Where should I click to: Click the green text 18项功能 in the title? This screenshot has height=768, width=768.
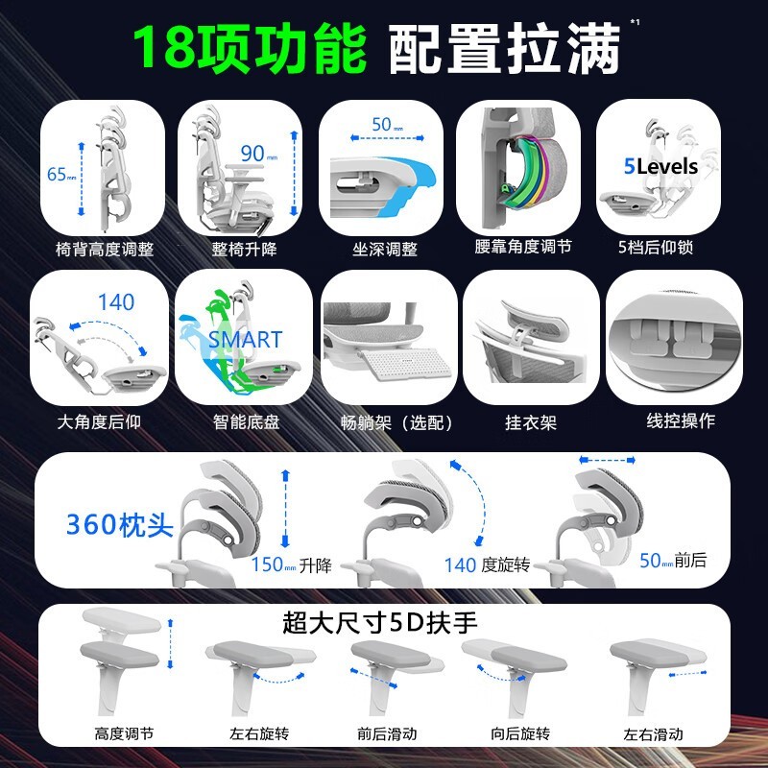pos(249,48)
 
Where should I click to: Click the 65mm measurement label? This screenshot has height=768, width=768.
pos(60,175)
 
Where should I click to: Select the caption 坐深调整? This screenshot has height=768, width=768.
pos(384,250)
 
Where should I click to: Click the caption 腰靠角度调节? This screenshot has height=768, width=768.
pos(522,247)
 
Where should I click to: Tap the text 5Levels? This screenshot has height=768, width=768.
pos(660,166)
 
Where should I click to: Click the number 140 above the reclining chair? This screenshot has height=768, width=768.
pos(116,302)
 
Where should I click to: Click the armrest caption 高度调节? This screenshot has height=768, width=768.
pos(124,734)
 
